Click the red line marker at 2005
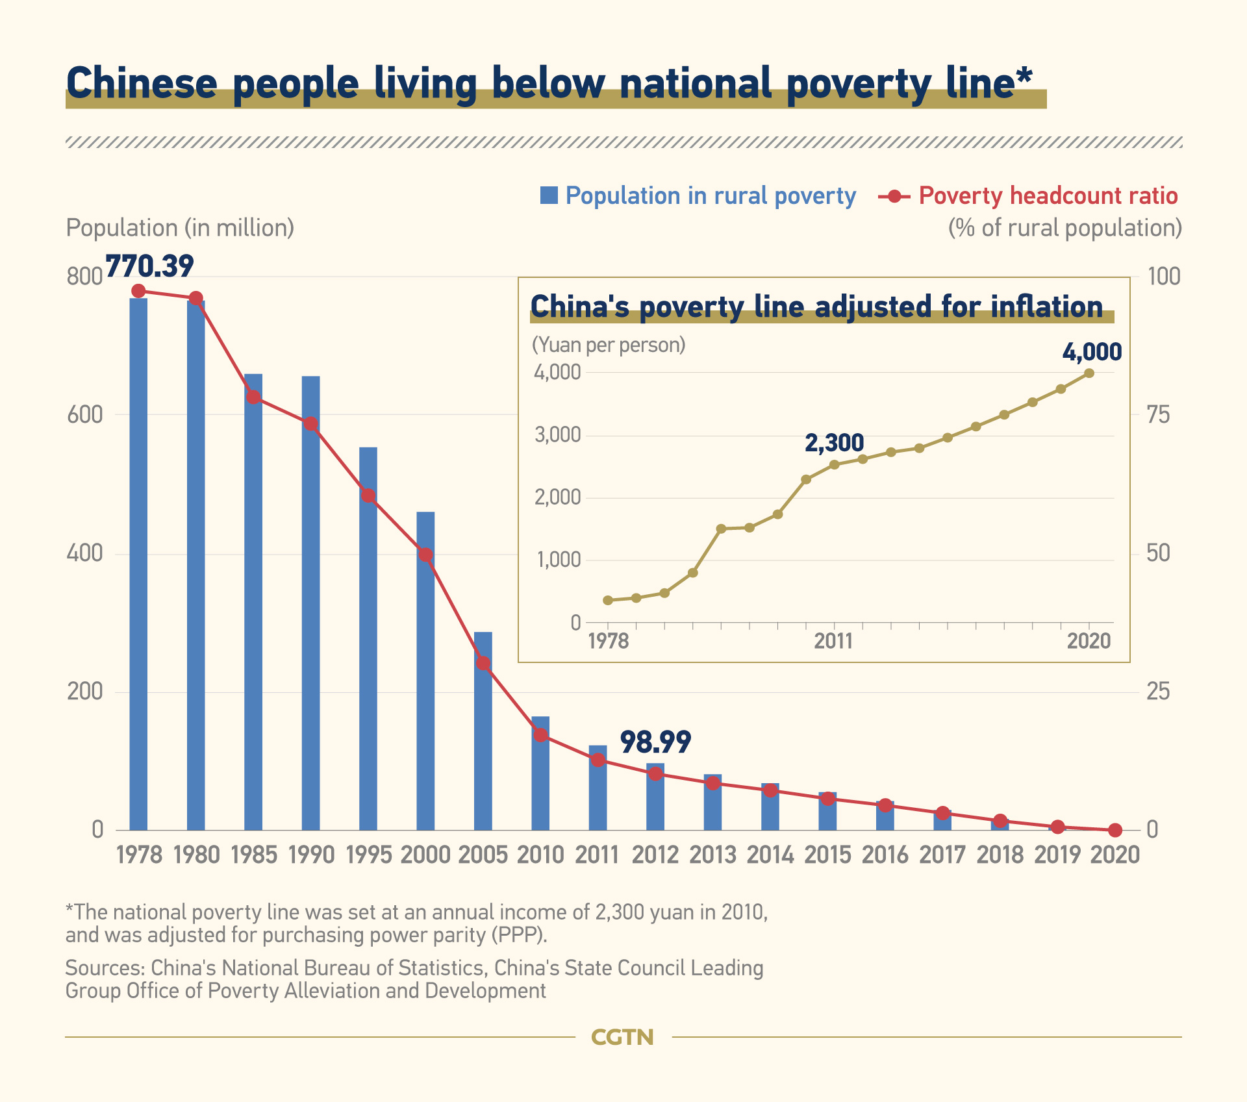point(483,664)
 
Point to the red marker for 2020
point(1115,830)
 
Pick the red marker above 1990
point(310,424)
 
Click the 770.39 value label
point(149,266)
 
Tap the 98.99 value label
point(655,742)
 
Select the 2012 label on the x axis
point(655,855)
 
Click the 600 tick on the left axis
point(85,415)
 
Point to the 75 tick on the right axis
point(1158,415)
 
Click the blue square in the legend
point(549,195)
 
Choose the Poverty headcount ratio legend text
point(1048,195)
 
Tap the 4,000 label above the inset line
point(1092,352)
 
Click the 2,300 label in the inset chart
point(834,443)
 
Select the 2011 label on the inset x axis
point(833,642)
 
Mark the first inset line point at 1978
point(608,600)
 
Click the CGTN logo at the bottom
point(622,1037)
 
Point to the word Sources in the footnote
point(104,968)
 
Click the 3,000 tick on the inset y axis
point(557,435)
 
